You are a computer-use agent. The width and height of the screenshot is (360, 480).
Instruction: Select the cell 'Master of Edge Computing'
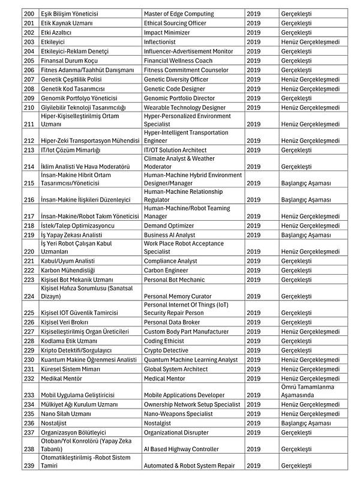tap(178, 14)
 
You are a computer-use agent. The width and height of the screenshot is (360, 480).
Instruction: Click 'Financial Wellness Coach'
tap(178, 61)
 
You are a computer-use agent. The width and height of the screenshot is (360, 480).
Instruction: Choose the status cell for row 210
tap(310, 107)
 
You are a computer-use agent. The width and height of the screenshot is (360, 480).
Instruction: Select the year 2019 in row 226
tap(253, 322)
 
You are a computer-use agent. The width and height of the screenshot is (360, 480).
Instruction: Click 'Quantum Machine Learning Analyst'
tap(191, 359)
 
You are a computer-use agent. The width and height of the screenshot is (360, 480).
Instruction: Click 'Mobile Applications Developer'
tap(185, 395)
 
